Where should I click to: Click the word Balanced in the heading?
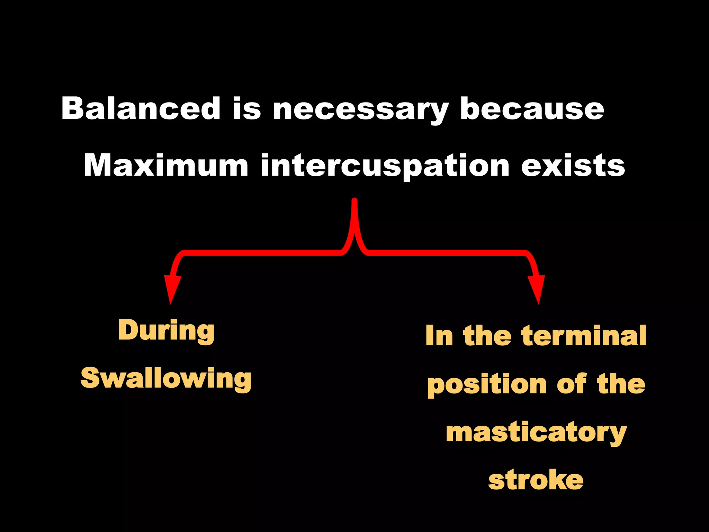(141, 108)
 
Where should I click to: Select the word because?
(532, 108)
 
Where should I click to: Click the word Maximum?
(166, 165)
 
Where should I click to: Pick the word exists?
(573, 165)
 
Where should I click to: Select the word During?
(166, 331)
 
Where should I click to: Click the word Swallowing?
(166, 379)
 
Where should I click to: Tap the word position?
(487, 384)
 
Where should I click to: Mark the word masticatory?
(536, 433)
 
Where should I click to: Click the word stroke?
(536, 480)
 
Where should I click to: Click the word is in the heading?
(246, 108)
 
